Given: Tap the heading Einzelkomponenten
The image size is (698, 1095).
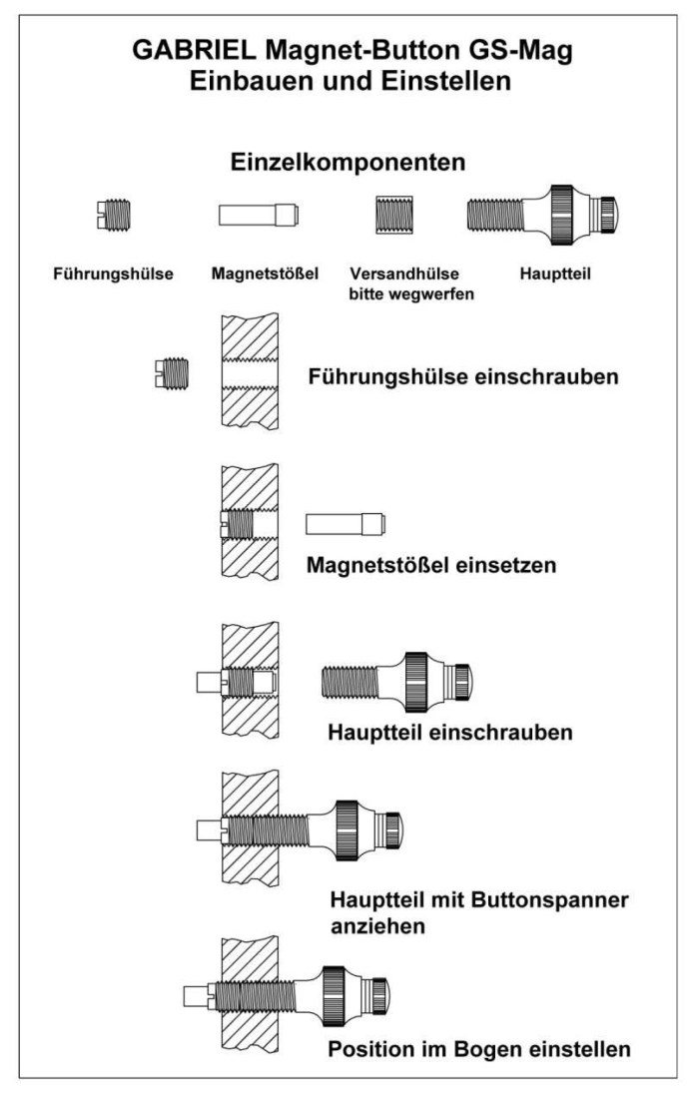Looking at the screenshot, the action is [x=348, y=162].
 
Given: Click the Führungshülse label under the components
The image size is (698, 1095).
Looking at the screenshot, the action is [x=113, y=274].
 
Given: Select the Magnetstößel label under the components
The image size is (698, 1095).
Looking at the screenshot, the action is [x=265, y=274].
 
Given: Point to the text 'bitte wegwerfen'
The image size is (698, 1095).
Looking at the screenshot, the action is [x=411, y=294].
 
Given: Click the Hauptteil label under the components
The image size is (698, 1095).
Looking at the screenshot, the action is [x=555, y=274].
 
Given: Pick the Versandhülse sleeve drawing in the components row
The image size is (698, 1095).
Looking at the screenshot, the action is [x=394, y=215].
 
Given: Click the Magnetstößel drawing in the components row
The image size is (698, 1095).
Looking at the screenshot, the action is [x=259, y=215].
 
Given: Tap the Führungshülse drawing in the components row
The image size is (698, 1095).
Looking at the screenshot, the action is [x=113, y=215].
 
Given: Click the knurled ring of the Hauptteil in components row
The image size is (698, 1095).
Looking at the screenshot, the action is [x=562, y=215].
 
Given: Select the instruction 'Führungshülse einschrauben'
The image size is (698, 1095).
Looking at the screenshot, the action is [x=463, y=377].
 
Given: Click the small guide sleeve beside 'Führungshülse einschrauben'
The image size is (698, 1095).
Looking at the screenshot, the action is [x=172, y=373].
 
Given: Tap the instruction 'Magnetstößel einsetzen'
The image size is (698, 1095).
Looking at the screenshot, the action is [x=431, y=564].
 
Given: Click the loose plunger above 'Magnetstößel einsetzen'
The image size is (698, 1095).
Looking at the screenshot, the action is [x=346, y=524].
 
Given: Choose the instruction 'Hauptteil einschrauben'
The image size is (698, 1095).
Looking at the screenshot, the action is [x=450, y=732].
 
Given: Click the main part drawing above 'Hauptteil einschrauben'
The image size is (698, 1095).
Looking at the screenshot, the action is [x=396, y=682].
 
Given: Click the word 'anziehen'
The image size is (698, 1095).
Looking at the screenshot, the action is [x=378, y=926].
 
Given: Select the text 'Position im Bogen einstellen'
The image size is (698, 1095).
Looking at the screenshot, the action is [x=479, y=1049].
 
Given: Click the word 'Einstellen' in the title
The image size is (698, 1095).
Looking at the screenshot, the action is [x=445, y=80].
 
